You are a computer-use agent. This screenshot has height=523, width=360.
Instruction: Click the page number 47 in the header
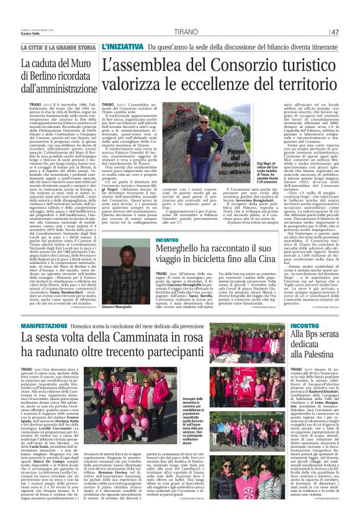[351, 32]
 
